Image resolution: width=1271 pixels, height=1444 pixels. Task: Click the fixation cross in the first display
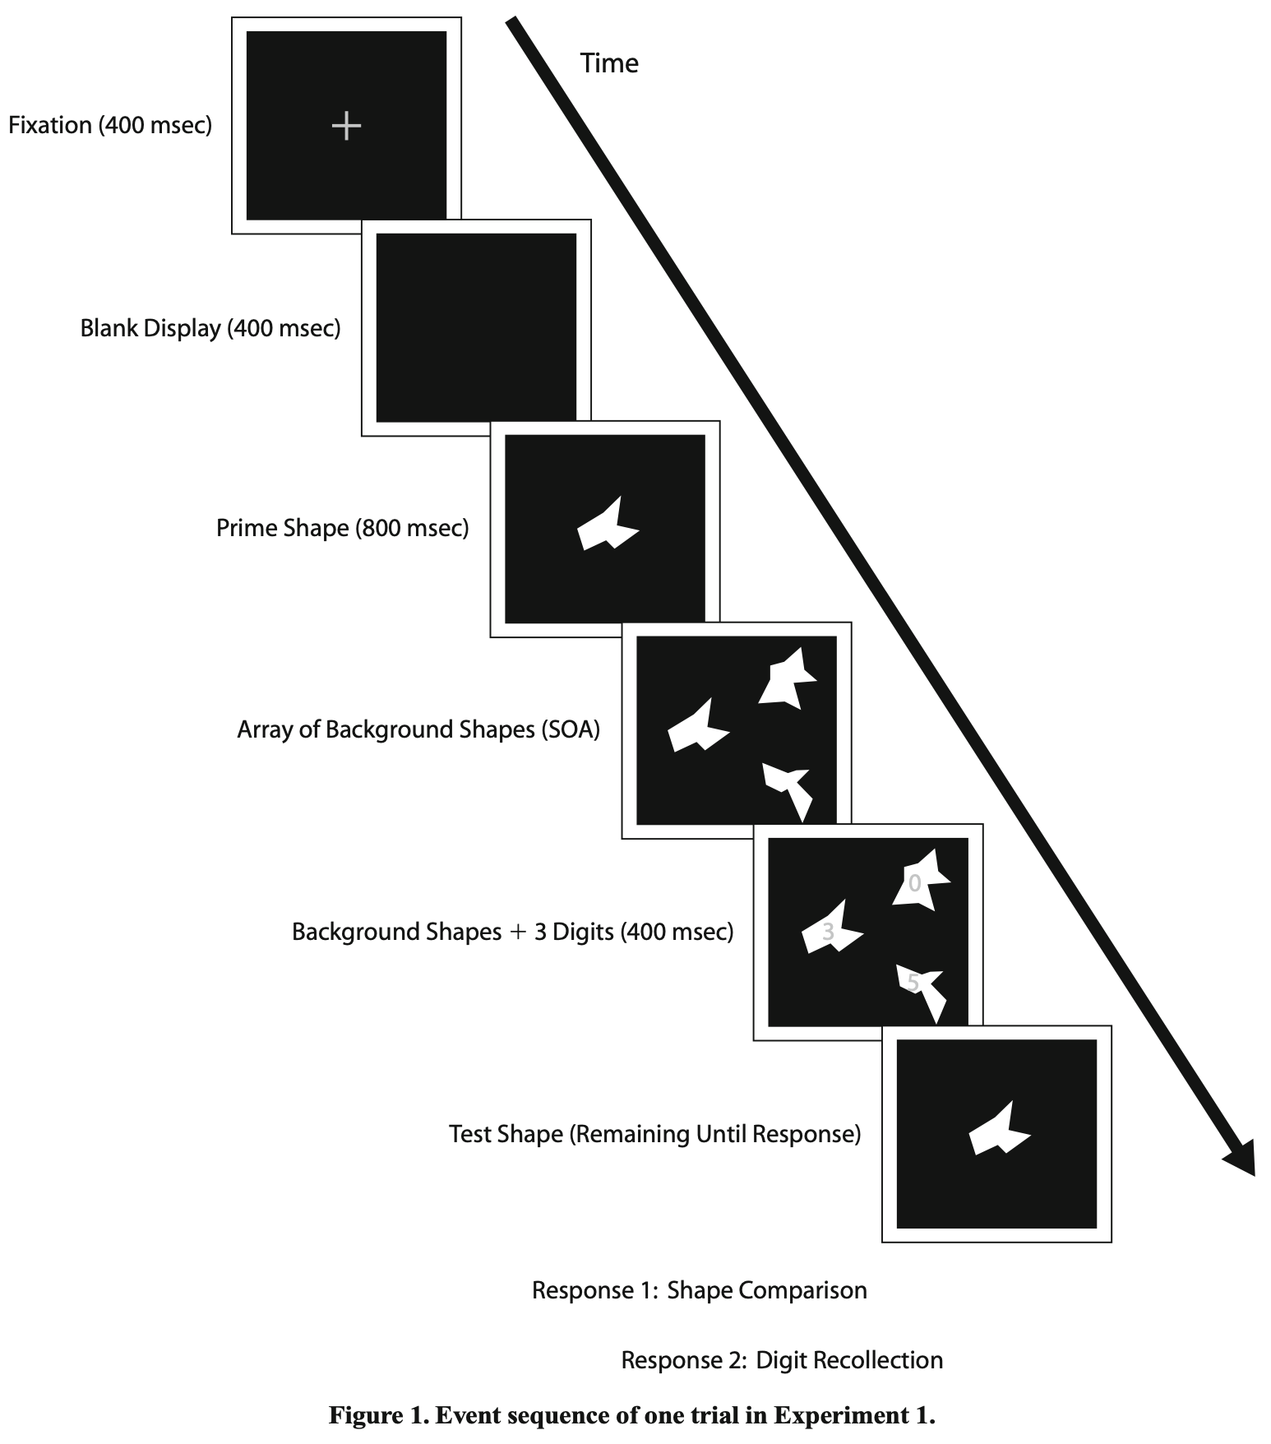click(x=346, y=126)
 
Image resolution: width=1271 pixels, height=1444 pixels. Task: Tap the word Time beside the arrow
click(x=608, y=63)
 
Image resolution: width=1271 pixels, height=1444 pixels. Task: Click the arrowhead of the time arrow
click(x=1241, y=1159)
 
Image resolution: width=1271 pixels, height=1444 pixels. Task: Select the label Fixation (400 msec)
click(x=110, y=125)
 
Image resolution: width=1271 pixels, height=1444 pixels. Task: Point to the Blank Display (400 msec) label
click(x=210, y=328)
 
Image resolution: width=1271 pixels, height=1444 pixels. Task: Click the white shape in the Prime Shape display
click(x=607, y=527)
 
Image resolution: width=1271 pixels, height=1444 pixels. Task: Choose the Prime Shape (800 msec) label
click(x=342, y=528)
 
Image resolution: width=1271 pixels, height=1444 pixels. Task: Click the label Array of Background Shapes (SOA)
click(x=418, y=729)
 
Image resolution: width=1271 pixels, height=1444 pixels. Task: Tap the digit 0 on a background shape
click(x=914, y=884)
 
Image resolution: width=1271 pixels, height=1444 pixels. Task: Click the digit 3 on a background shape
click(x=828, y=932)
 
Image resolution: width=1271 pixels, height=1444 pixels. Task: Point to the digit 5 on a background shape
click(x=913, y=983)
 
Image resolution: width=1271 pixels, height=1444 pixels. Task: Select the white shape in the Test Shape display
click(x=998, y=1132)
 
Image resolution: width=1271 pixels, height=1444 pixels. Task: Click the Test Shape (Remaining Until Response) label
click(x=654, y=1134)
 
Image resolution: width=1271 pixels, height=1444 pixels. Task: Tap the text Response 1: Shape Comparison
click(x=699, y=1290)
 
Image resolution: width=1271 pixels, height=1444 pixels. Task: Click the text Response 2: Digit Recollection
click(x=781, y=1360)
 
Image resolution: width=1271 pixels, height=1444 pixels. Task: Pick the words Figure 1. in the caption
click(x=378, y=1415)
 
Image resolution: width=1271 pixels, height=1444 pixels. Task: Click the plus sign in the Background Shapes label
click(x=517, y=933)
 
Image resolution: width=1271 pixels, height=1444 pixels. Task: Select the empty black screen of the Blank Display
click(x=476, y=327)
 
